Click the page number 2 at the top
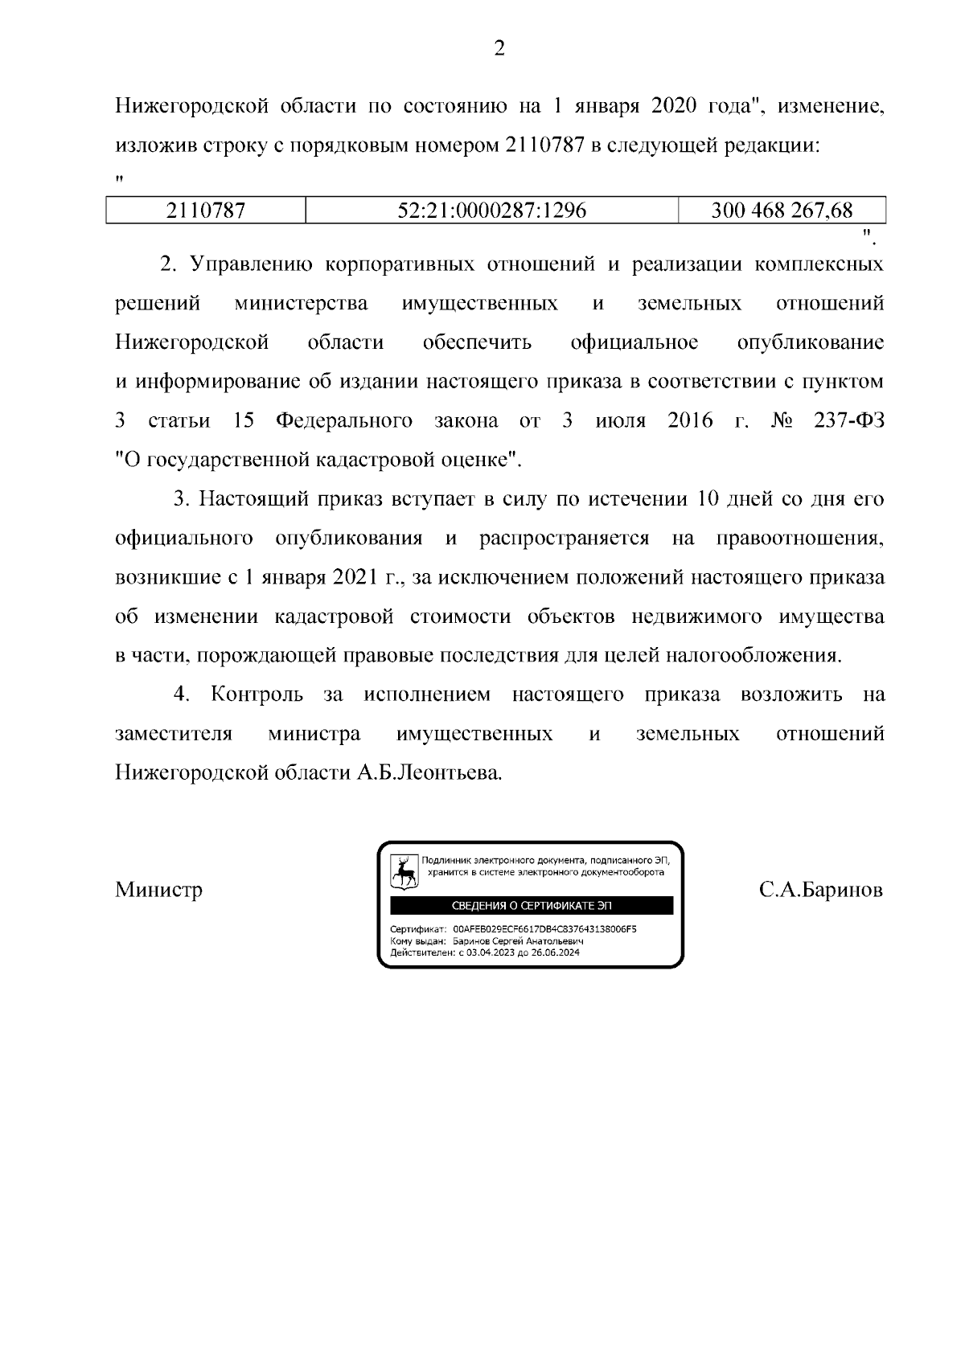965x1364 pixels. [499, 49]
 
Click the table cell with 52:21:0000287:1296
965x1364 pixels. [492, 211]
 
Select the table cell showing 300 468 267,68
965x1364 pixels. [782, 211]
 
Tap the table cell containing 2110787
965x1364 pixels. [206, 211]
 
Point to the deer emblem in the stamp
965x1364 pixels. [404, 870]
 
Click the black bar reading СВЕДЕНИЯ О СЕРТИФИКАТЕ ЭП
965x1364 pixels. [532, 906]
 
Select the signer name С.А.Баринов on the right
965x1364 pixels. [820, 890]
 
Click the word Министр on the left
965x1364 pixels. [158, 890]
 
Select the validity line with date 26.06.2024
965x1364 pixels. [484, 952]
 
